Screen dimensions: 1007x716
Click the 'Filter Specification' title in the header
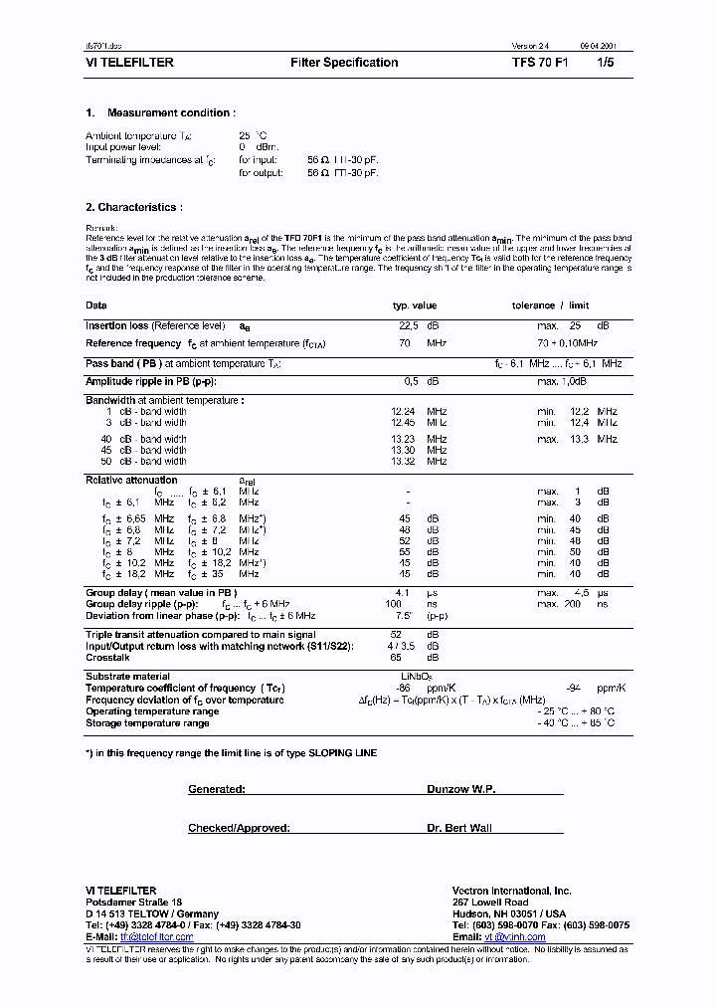(344, 63)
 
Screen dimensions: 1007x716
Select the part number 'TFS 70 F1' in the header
(540, 63)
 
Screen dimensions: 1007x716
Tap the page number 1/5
(605, 63)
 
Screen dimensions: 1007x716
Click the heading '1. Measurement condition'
(161, 113)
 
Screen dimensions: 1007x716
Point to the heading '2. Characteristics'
(134, 207)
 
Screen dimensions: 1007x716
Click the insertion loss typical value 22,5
(408, 325)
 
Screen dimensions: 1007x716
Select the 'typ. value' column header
(415, 305)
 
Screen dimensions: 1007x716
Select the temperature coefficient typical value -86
(404, 688)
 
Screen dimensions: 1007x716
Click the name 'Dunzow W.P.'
(460, 789)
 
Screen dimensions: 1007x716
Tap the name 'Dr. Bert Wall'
(460, 828)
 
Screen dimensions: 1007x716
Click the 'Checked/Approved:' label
(239, 828)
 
